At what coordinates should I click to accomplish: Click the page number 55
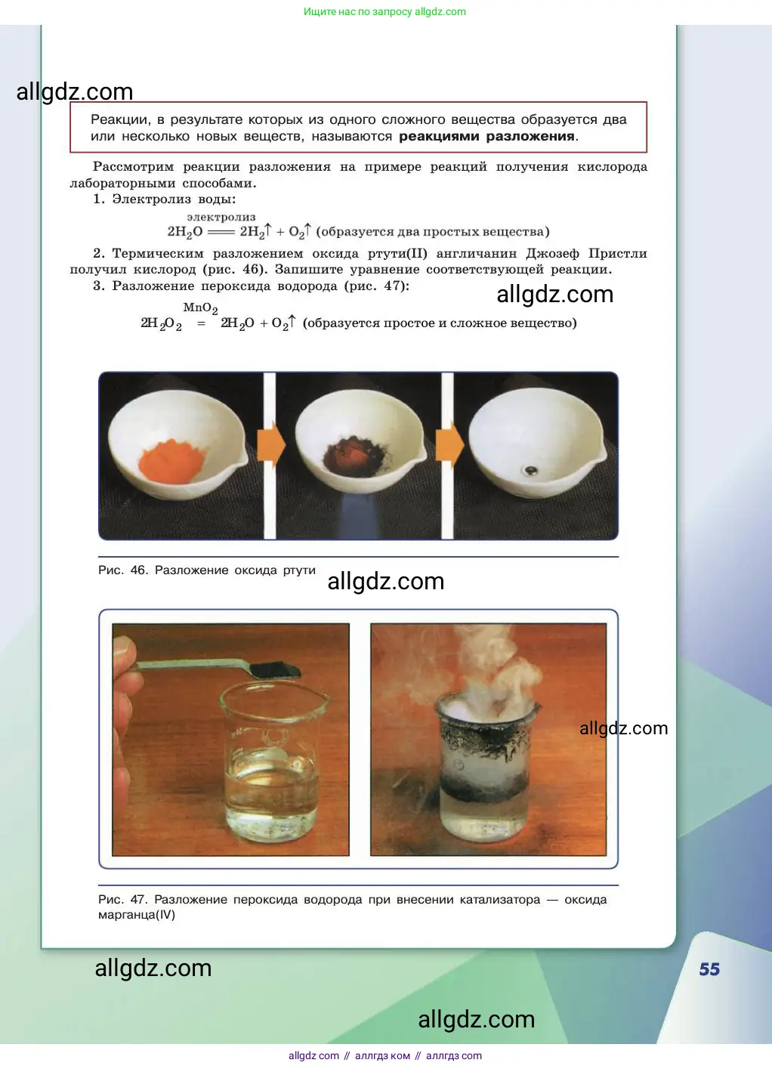point(709,969)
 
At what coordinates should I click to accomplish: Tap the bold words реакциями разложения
point(486,137)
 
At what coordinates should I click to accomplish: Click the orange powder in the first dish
point(171,461)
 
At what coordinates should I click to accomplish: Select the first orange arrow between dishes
point(271,445)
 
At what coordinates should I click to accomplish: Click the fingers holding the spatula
point(126,668)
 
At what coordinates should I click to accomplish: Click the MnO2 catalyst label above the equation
point(200,308)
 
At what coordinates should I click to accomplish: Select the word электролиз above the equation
point(221,217)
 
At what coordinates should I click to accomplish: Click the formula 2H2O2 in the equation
point(161,323)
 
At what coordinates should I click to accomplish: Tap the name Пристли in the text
point(617,253)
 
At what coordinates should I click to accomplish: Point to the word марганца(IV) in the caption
point(137,915)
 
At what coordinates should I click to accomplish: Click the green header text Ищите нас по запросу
point(357,11)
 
